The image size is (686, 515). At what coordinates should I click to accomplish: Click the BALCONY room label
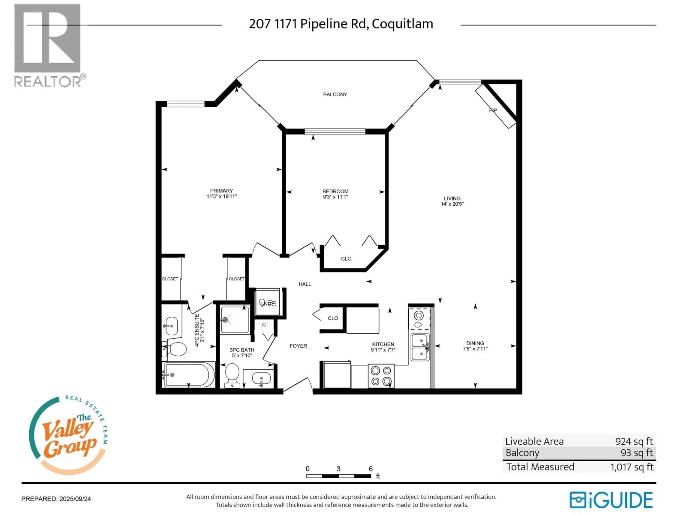(x=335, y=94)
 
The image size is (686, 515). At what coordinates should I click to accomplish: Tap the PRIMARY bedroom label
(x=221, y=191)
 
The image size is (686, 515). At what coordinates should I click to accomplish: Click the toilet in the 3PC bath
(x=232, y=374)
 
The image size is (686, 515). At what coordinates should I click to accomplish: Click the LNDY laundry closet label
(x=267, y=304)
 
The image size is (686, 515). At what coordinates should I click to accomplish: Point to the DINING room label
(x=475, y=343)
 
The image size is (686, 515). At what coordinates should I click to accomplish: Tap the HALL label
(x=305, y=284)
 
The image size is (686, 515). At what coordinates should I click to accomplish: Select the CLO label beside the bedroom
(x=346, y=259)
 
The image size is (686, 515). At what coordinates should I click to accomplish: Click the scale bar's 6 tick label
(x=371, y=469)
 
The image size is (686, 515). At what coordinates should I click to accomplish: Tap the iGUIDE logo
(x=611, y=500)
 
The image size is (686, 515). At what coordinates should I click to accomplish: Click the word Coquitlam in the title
(x=402, y=24)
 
